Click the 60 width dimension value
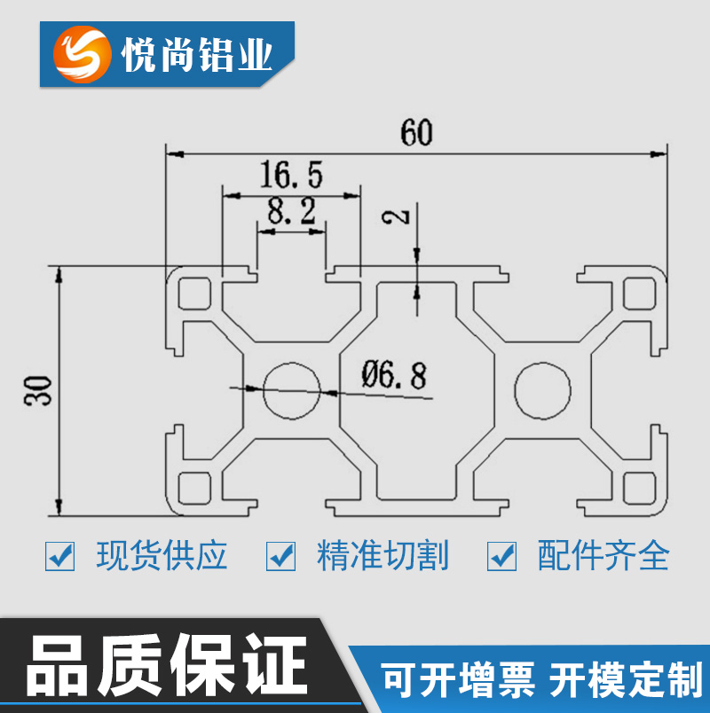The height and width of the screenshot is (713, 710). tap(416, 132)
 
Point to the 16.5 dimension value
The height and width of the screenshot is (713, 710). tap(291, 174)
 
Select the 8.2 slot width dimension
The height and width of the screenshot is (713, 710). tap(291, 211)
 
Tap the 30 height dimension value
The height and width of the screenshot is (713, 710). tap(38, 390)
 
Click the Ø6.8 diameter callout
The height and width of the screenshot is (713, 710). tap(394, 376)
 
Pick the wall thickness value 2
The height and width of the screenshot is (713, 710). tap(401, 215)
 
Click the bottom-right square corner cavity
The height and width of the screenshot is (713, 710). tap(639, 487)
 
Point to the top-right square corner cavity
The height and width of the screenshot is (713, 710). tap(639, 292)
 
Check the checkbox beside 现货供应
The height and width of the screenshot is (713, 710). tap(60, 556)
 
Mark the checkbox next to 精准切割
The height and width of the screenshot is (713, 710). tap(281, 556)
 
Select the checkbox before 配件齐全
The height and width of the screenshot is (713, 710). tap(502, 556)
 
